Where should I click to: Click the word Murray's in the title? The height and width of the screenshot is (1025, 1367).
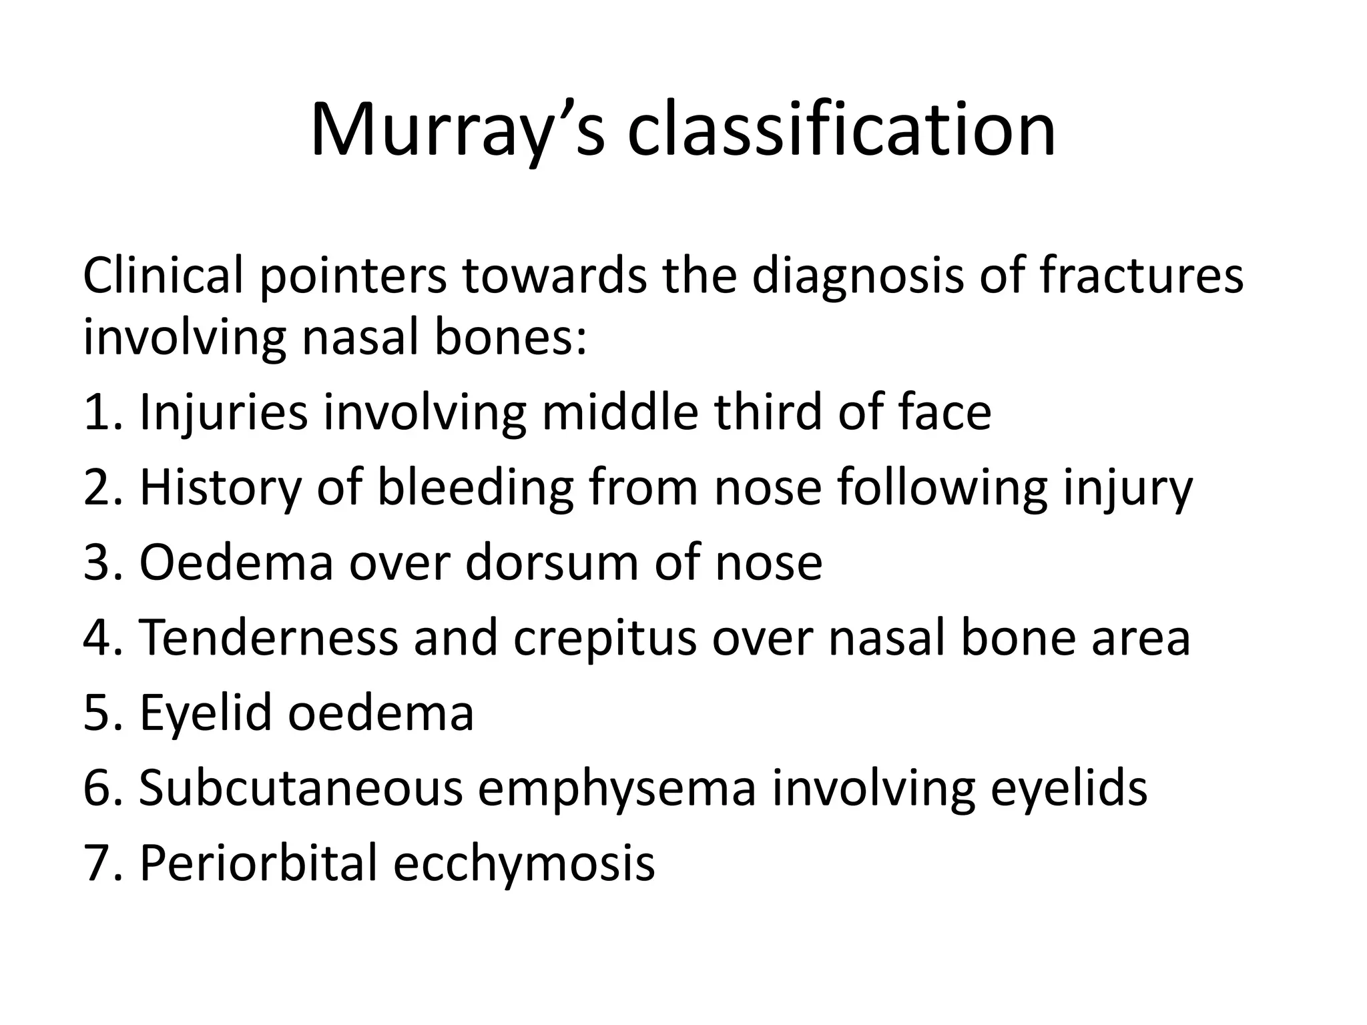tap(457, 130)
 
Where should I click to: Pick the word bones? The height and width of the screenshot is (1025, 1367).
tap(511, 337)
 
